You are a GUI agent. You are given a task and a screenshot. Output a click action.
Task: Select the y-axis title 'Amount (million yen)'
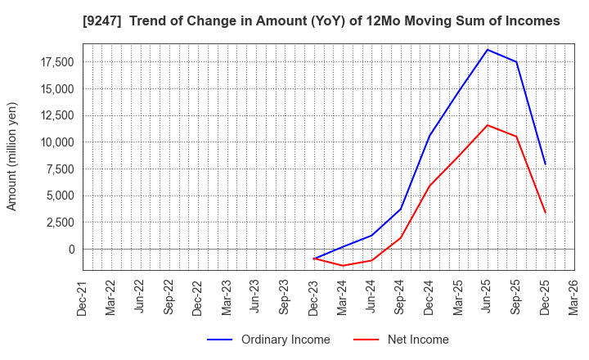click(x=11, y=156)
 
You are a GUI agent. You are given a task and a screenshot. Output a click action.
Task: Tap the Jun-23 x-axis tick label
click(x=256, y=297)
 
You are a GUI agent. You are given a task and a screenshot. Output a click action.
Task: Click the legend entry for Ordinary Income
click(x=268, y=340)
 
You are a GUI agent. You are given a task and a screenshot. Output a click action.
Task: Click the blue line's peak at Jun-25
click(x=488, y=50)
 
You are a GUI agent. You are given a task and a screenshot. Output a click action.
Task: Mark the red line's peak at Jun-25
click(x=488, y=125)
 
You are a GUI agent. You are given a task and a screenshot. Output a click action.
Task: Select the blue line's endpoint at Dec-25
click(x=545, y=164)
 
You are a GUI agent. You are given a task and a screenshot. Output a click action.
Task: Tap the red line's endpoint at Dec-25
click(x=545, y=213)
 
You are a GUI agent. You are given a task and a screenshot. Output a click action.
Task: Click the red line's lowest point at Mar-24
click(x=343, y=266)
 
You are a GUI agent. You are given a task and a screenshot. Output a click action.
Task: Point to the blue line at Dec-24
click(x=429, y=136)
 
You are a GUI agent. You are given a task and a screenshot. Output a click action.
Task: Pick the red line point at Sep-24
click(x=401, y=238)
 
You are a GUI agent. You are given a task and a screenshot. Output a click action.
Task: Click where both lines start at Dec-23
click(x=314, y=259)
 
